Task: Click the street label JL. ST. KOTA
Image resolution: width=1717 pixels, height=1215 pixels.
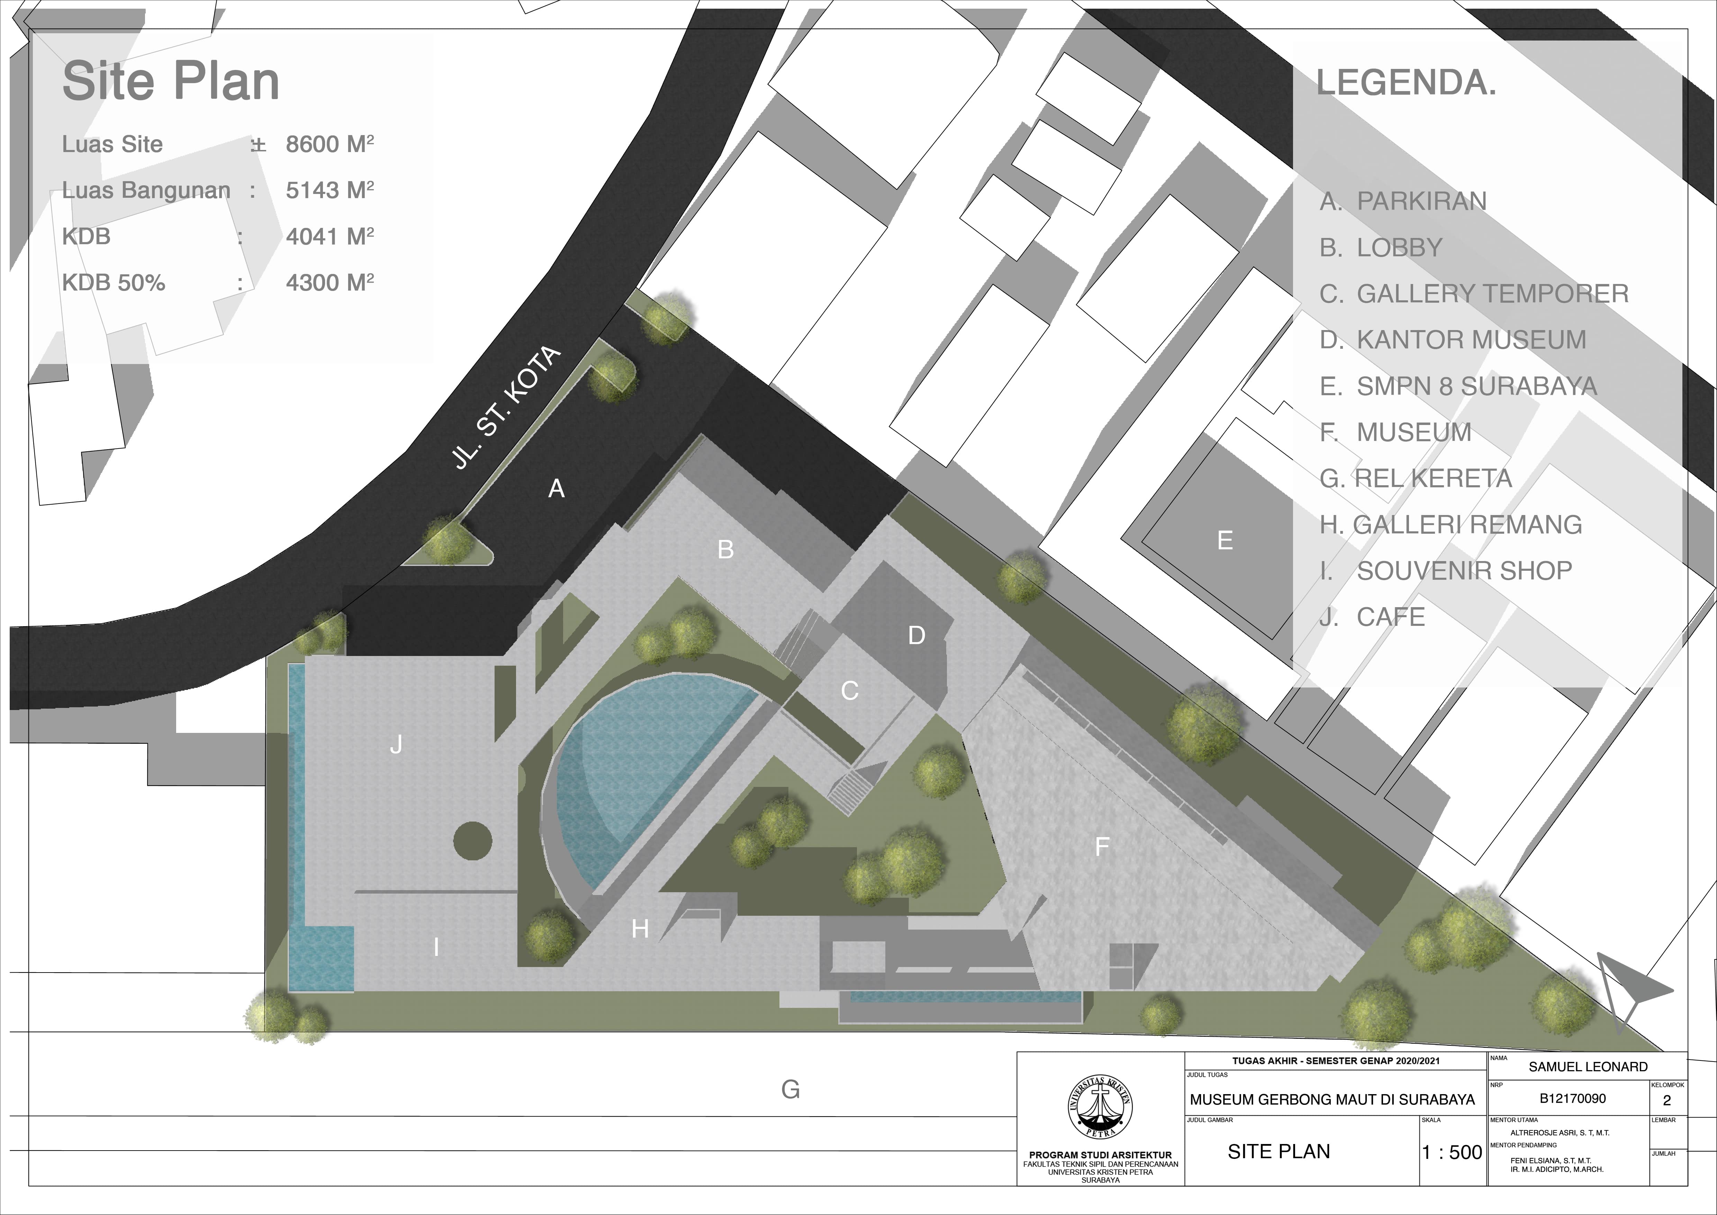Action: coord(507,408)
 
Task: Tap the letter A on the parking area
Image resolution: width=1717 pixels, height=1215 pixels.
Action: coord(557,489)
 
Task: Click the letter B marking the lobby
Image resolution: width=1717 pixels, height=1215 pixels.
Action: coord(725,550)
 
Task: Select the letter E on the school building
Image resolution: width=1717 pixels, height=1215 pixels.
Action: coord(1225,540)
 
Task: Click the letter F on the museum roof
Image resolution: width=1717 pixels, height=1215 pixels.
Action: coord(1102,846)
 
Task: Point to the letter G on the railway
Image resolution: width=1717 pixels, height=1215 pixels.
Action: coord(790,1089)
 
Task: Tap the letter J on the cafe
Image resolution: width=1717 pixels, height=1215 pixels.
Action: coord(396,744)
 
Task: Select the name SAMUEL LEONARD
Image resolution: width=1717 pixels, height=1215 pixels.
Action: coord(1588,1067)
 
